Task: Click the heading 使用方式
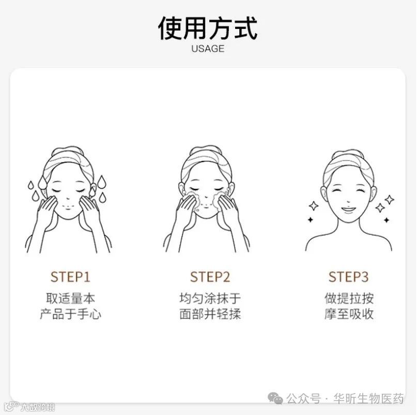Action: coord(208,28)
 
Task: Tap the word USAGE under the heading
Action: coord(208,49)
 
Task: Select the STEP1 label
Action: coord(70,277)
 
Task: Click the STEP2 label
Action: coord(210,277)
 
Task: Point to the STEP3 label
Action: coord(348,277)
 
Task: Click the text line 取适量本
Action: coord(70,299)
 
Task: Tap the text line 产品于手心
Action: coord(70,314)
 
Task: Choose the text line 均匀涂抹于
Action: coord(210,299)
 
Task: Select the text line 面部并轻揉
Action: coord(210,314)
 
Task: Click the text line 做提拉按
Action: coord(349,299)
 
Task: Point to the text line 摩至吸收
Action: coord(349,314)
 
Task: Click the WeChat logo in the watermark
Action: coord(275,398)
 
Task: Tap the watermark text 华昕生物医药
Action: coord(368,398)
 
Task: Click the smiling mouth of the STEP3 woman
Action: coord(348,210)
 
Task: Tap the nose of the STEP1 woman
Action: coord(68,198)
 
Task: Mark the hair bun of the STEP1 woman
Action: coord(68,151)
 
